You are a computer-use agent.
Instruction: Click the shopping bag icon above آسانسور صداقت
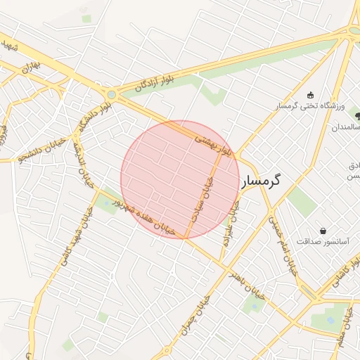[x=323, y=230]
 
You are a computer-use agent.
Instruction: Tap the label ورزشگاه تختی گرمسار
[x=310, y=105]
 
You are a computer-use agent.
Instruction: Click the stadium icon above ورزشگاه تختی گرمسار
[x=310, y=95]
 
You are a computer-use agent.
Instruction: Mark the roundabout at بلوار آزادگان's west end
[x=111, y=94]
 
